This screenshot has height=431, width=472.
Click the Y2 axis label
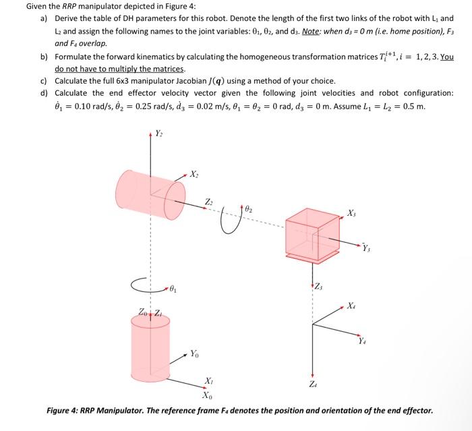coord(159,133)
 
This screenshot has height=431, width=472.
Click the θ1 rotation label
coord(174,289)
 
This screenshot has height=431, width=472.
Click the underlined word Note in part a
coord(312,31)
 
